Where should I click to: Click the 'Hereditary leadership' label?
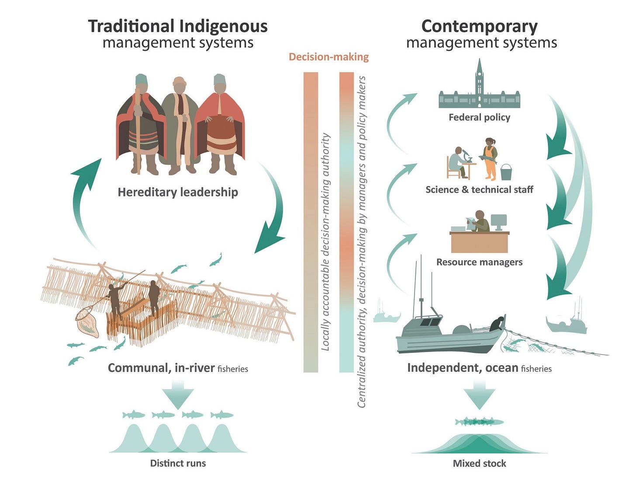coord(178,192)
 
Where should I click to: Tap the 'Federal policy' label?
coord(479,117)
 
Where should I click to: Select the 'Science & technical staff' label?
coord(479,190)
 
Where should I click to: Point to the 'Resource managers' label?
coord(479,262)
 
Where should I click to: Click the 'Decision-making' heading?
coord(328,57)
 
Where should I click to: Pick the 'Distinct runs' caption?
coord(178,463)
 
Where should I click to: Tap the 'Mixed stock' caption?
coord(479,463)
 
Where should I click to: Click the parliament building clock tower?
coord(480,79)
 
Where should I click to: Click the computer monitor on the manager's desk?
coord(498,221)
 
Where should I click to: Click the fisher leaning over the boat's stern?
coord(497,324)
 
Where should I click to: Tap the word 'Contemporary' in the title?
coord(479,26)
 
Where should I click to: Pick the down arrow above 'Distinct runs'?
coord(178,393)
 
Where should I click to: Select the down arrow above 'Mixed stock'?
coord(479,393)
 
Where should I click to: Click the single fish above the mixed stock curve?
coord(479,421)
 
